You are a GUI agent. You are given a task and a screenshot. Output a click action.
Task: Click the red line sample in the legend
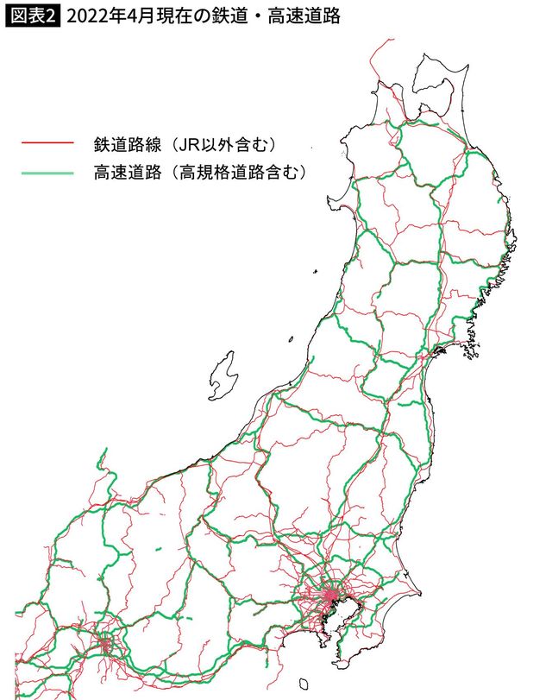point(47,140)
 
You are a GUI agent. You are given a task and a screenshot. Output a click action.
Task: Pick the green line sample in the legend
point(47,173)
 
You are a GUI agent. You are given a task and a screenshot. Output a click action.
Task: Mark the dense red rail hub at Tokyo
point(332,595)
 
